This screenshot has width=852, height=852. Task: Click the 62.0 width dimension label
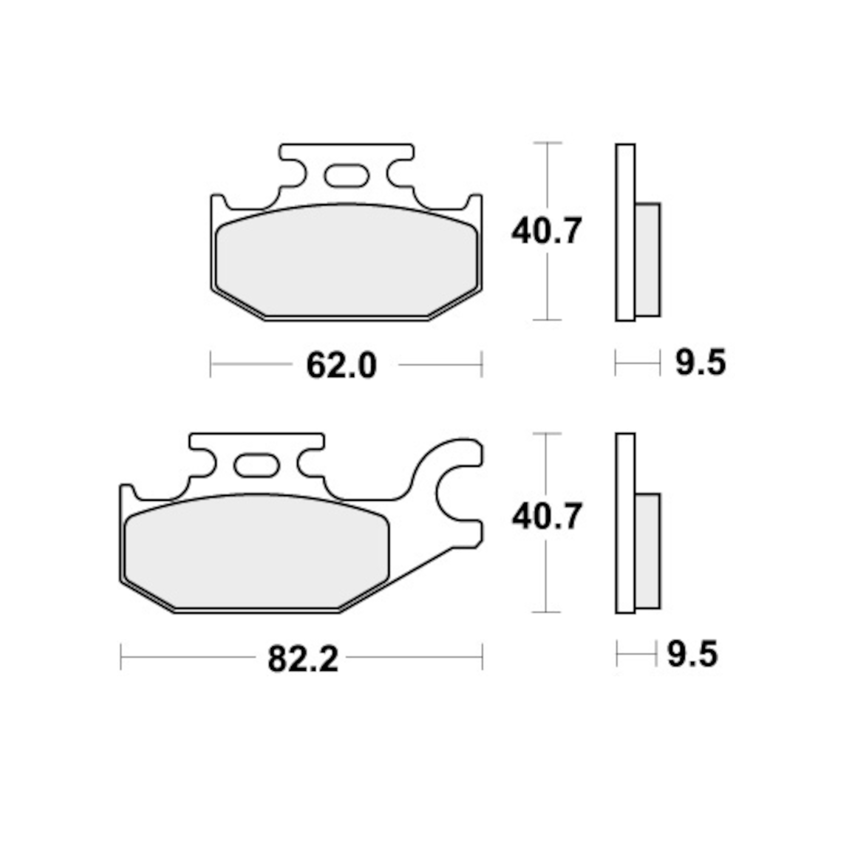[x=341, y=366]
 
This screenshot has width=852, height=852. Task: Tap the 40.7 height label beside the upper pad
[x=546, y=231]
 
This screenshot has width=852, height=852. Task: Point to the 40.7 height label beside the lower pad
[x=546, y=516]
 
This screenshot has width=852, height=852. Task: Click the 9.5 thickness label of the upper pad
[x=700, y=363]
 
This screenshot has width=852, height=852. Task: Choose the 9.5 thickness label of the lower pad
[x=692, y=655]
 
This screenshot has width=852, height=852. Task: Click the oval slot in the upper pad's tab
[x=346, y=176]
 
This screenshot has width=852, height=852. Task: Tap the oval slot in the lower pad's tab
[x=256, y=465]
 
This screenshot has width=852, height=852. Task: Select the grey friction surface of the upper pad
[x=346, y=260]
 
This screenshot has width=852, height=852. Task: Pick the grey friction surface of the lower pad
[x=256, y=551]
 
